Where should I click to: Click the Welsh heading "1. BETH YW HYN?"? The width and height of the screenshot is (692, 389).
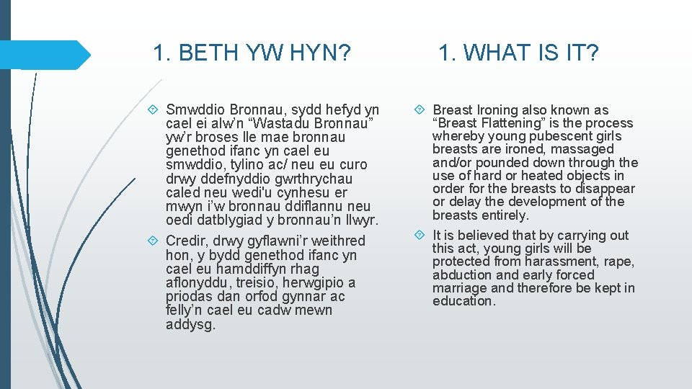[x=252, y=53]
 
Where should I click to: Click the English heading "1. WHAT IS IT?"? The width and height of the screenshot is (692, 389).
[x=518, y=53]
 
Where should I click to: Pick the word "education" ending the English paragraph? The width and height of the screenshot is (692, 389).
[x=463, y=301]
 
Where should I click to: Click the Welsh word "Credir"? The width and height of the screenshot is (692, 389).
[x=186, y=241]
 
